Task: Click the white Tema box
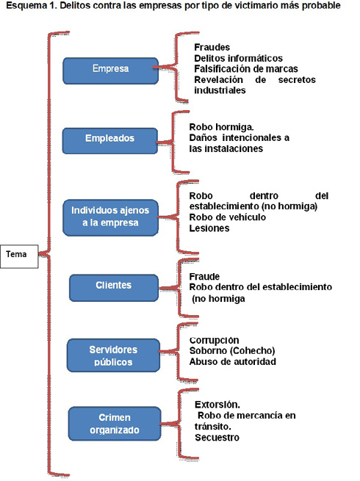point(19,256)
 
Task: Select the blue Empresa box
point(110,70)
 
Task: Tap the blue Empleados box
point(110,141)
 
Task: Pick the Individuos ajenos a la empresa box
point(110,218)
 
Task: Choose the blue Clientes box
point(114,288)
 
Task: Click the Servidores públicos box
point(114,355)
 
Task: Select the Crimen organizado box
point(115,424)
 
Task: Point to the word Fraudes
point(212,47)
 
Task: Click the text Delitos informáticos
point(238,58)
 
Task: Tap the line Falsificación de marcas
point(246,69)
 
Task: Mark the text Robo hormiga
point(221,127)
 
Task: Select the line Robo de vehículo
point(228,217)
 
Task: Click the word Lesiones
point(209,228)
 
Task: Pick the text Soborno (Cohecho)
point(232,350)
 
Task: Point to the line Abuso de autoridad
point(233,362)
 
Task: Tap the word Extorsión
point(217,405)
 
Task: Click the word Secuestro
point(217,438)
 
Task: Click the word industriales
point(220,90)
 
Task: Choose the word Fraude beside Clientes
point(204,277)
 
